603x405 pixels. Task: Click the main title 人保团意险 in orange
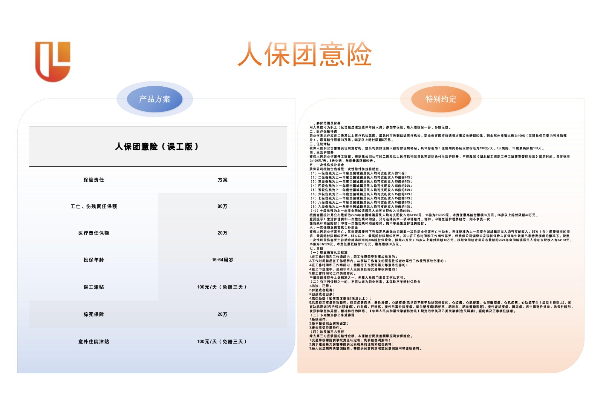click(305, 54)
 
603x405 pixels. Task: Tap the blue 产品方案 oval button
click(155, 99)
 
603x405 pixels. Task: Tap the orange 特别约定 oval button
click(441, 99)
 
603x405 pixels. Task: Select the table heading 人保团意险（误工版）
click(157, 147)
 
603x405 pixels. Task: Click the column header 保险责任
click(94, 180)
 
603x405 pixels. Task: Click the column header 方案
click(222, 180)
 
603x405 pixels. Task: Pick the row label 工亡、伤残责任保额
click(94, 206)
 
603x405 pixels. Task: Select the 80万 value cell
click(222, 206)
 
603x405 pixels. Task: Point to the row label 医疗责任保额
click(94, 233)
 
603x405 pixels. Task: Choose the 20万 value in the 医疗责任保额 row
click(222, 233)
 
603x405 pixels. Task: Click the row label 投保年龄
click(94, 260)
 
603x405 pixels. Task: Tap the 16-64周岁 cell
click(222, 260)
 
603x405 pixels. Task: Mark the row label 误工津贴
click(94, 287)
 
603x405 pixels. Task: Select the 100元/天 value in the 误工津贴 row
click(222, 287)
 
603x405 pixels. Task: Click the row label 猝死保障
click(94, 314)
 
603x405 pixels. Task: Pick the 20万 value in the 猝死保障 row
click(222, 314)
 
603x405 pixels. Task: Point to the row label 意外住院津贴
click(94, 342)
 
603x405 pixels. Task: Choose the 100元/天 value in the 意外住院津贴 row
click(222, 342)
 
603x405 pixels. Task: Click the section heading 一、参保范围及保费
click(325, 123)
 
